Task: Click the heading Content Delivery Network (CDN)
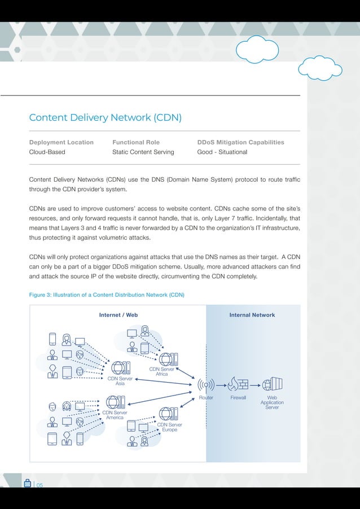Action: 105,117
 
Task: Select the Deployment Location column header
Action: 62,142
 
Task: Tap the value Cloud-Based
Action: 47,152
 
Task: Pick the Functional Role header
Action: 136,142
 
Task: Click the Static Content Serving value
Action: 143,152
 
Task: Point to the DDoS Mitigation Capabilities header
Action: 240,142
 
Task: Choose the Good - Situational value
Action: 222,152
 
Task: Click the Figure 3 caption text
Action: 107,295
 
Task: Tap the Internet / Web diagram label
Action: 118,315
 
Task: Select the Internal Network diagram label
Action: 252,315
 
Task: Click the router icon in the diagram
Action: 206,385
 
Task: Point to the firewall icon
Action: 238,384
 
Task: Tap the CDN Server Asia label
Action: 120,381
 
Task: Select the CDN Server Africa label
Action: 161,371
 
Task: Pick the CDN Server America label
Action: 115,415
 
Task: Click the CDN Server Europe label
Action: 169,427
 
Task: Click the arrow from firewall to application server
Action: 255,385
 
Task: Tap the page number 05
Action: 39,484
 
